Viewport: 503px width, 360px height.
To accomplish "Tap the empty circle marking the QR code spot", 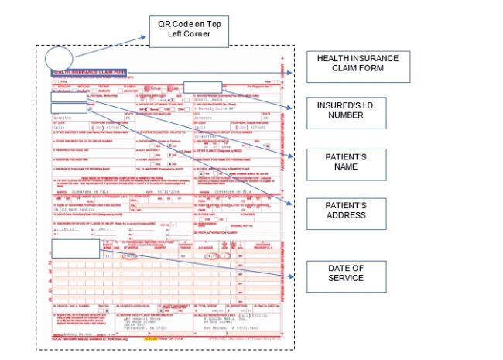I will pos(58,58).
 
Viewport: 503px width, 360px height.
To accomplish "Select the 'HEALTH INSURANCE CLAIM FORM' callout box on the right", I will pos(357,67).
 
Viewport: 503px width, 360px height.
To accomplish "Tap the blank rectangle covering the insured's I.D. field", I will pos(202,87).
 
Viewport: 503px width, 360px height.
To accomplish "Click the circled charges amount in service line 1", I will pos(211,255).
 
